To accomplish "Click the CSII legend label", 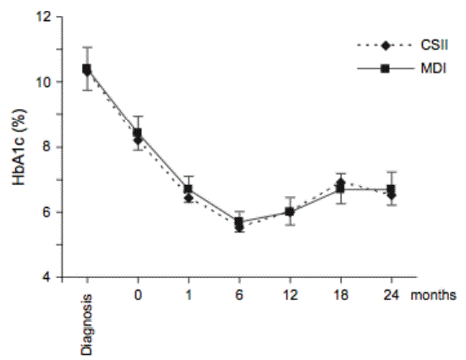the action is [x=434, y=46].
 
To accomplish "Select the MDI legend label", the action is [x=433, y=69].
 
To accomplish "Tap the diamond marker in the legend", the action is [x=386, y=46].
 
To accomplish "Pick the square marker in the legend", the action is [x=385, y=69].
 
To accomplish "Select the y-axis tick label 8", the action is [x=47, y=147].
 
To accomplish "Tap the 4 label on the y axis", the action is [x=47, y=278].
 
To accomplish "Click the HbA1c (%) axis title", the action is [x=19, y=147].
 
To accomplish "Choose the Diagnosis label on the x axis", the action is [x=87, y=325].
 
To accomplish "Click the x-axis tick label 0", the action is [x=138, y=295].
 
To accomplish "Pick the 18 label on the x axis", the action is [x=341, y=295].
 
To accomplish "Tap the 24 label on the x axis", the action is [x=391, y=295].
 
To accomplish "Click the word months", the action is [x=433, y=295].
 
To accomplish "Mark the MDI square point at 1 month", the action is [x=189, y=189].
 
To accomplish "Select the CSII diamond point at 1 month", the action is [x=189, y=198].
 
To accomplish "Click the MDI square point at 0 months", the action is [x=137, y=133].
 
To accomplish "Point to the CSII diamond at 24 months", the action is [x=392, y=196].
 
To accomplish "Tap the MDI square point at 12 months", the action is [x=290, y=212].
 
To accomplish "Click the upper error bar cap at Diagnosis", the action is [x=87, y=47].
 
